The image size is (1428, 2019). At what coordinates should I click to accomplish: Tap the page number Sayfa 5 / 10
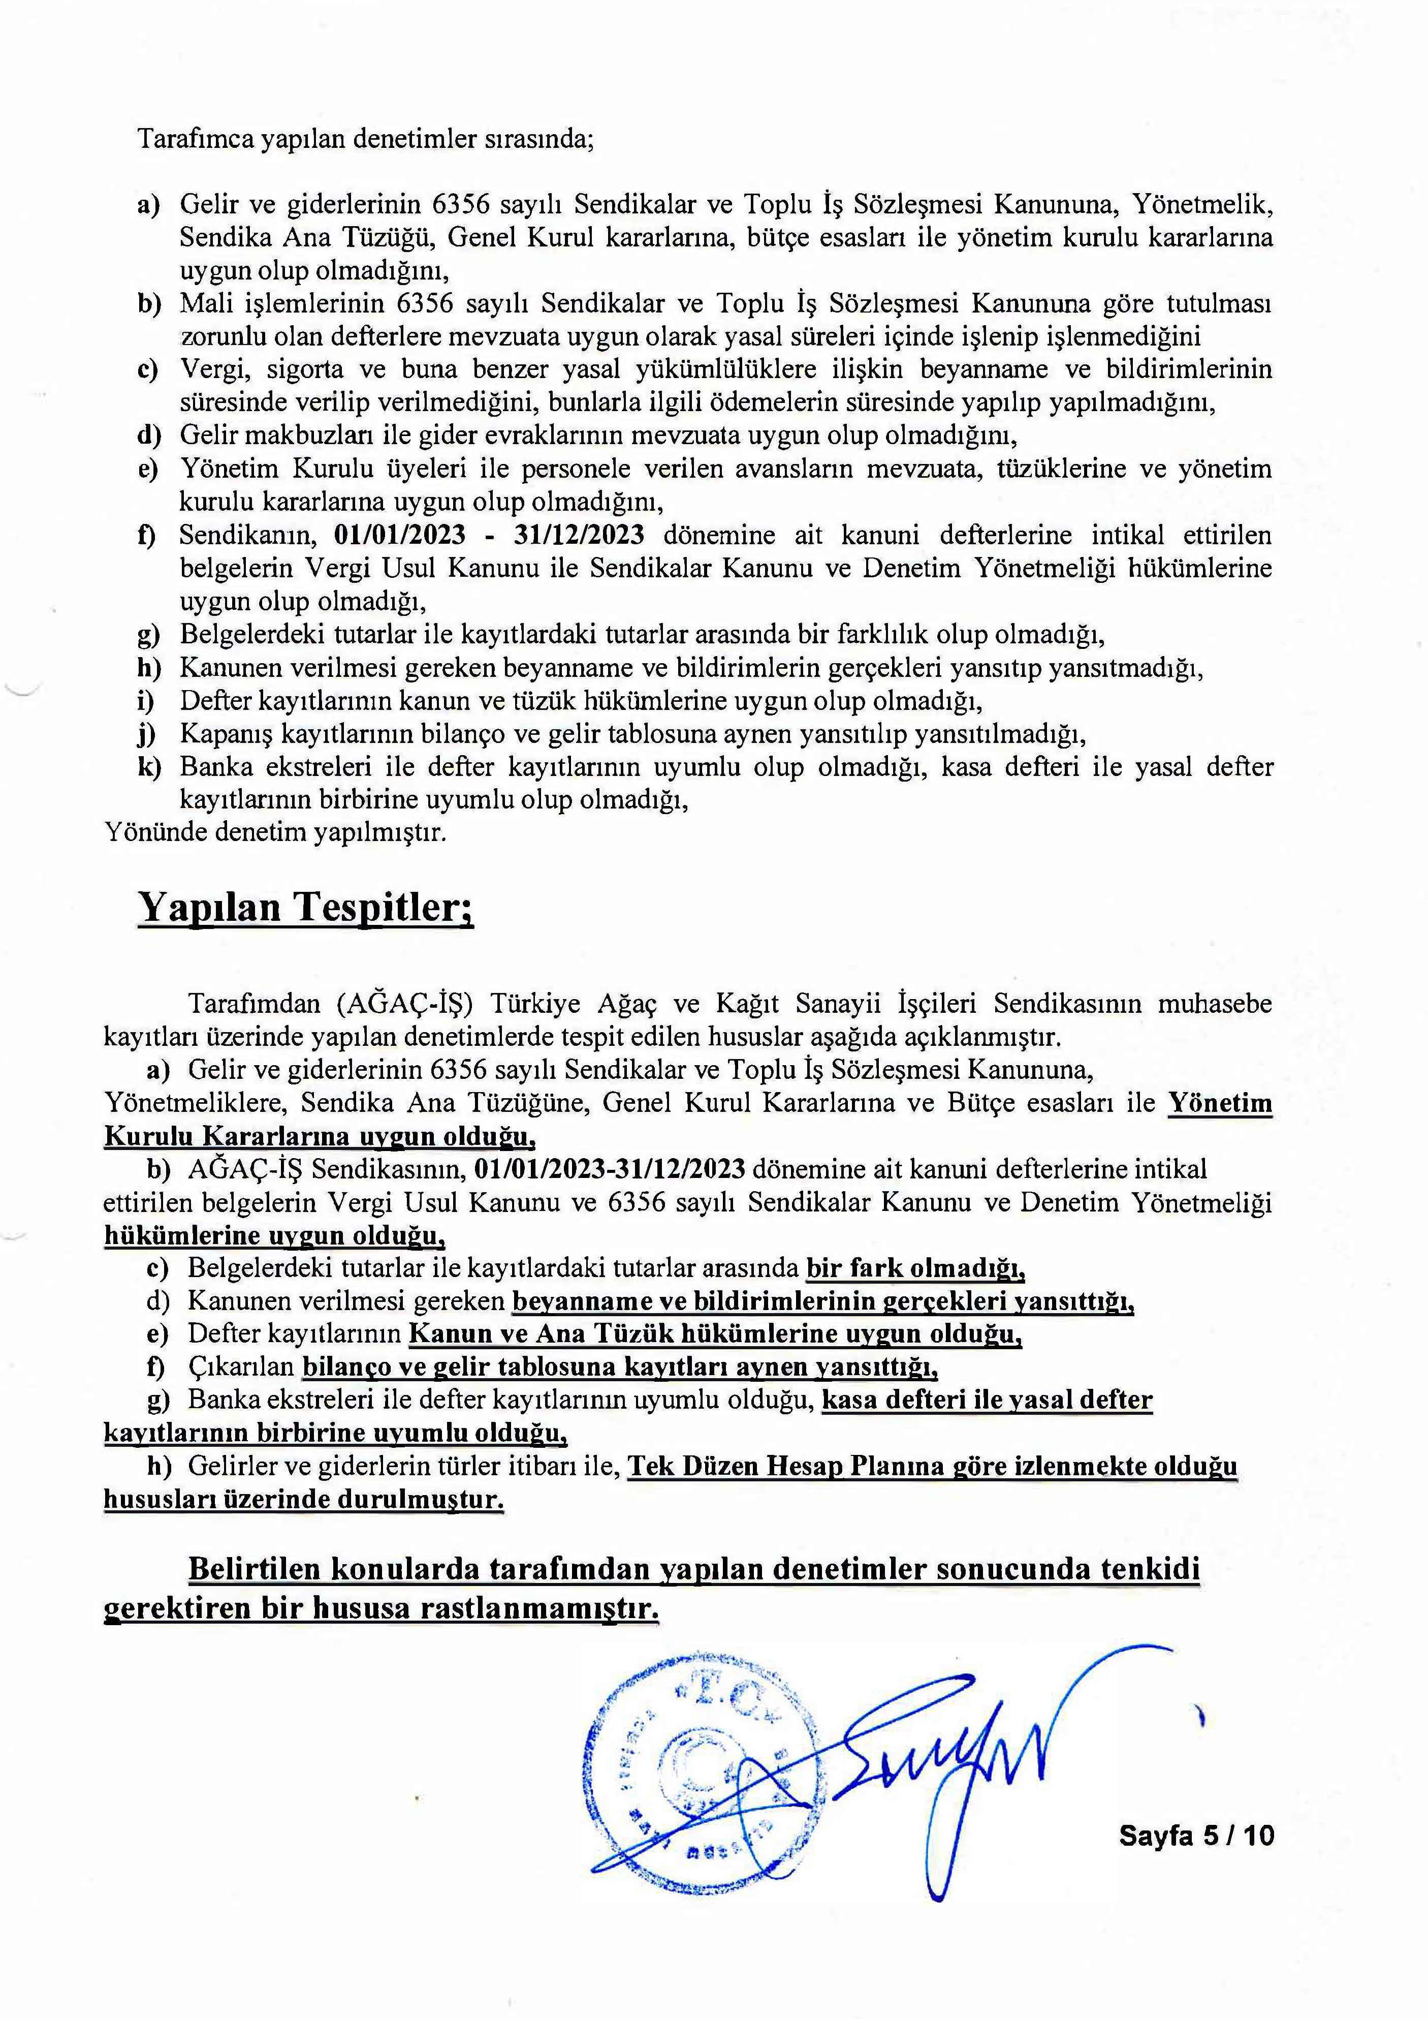point(1196,1835)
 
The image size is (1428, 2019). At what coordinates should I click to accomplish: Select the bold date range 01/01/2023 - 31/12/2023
point(489,535)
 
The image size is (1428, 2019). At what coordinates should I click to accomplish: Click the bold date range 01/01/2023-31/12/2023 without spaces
point(610,1169)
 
